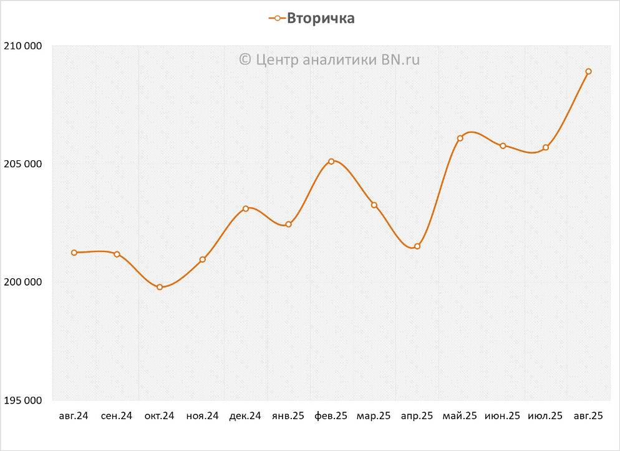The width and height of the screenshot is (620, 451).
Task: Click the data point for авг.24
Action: point(74,253)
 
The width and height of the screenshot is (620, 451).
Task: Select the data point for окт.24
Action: point(160,287)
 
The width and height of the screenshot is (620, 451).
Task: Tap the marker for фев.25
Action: point(331,161)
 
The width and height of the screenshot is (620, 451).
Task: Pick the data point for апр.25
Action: point(417,246)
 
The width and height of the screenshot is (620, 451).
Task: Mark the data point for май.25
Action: point(460,138)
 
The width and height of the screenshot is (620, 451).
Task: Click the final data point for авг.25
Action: point(588,71)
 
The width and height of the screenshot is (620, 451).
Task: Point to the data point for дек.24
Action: point(246,208)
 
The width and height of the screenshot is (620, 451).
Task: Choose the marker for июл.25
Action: point(546,147)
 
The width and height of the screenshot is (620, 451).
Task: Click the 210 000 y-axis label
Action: point(24,46)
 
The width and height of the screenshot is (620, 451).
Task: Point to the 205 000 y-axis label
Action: point(24,164)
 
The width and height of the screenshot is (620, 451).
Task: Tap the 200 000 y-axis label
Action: point(24,282)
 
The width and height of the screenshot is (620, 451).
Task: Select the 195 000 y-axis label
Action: point(24,400)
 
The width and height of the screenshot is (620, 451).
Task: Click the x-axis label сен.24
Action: point(117,416)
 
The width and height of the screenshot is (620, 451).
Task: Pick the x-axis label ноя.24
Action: point(202,416)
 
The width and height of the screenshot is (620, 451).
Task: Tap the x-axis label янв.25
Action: point(288,416)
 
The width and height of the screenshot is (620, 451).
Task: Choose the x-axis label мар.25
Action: point(374,416)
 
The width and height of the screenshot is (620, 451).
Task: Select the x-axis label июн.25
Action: point(502,416)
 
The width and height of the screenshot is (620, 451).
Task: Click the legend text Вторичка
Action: point(321,19)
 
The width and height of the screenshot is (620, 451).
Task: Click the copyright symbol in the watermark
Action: point(245,59)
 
